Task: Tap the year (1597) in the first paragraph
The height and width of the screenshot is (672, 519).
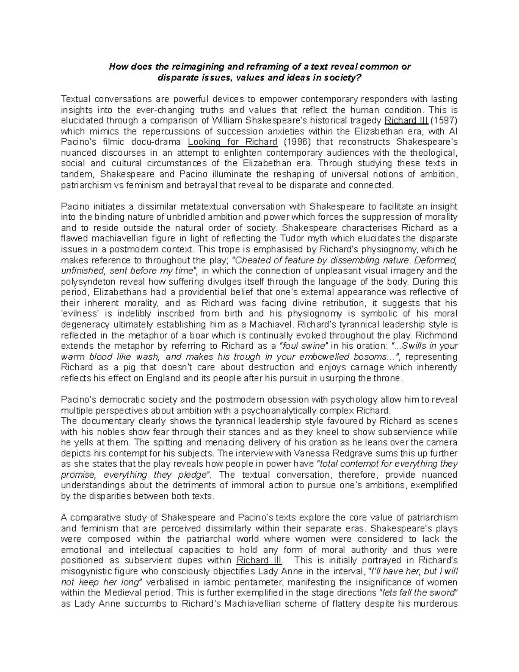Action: [442, 120]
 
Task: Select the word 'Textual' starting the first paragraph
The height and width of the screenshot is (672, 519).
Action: [76, 99]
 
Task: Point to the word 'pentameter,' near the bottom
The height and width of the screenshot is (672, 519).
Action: [263, 582]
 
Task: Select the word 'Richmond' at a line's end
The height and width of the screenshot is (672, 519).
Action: [439, 335]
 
